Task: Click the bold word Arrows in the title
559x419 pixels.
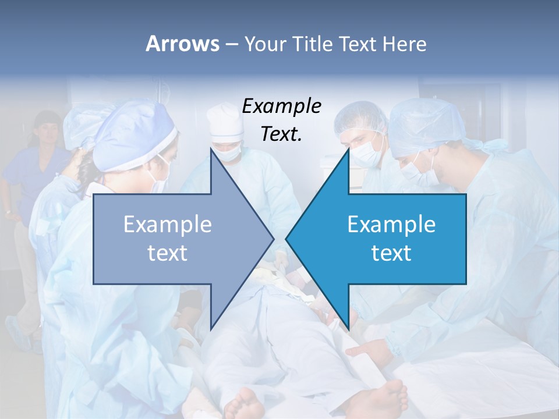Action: [182, 44]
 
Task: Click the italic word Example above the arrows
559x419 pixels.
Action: [281, 106]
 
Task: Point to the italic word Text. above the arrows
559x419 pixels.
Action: [281, 134]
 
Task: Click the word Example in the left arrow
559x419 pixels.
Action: [167, 225]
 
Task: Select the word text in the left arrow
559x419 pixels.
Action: [167, 253]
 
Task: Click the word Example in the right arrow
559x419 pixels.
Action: [391, 225]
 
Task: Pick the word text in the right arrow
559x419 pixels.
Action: [391, 253]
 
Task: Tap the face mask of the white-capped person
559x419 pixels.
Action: [228, 153]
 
